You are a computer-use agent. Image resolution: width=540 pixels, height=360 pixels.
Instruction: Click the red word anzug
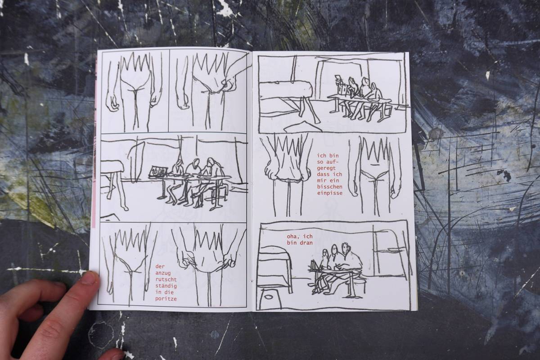(163, 273)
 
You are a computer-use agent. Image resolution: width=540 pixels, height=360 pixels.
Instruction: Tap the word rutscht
(166, 279)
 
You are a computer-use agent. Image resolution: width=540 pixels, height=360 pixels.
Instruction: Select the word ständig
(166, 286)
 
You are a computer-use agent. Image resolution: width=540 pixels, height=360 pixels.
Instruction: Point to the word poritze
(166, 299)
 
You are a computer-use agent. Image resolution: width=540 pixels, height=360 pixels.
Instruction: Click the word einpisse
(329, 193)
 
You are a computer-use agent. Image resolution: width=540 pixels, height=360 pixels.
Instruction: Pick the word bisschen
(329, 187)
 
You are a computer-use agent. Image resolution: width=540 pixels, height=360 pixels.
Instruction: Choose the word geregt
(326, 168)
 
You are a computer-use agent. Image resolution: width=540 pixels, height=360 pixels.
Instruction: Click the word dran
(306, 243)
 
